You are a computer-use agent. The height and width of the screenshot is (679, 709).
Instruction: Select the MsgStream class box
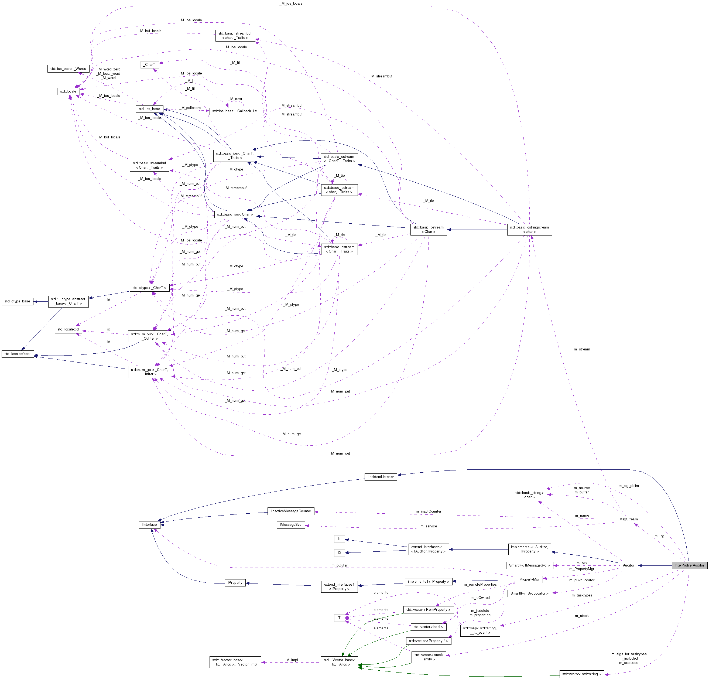pyautogui.click(x=628, y=519)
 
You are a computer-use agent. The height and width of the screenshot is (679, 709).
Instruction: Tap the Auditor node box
pyautogui.click(x=628, y=565)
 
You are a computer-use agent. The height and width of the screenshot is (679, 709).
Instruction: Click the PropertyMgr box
pyautogui.click(x=529, y=579)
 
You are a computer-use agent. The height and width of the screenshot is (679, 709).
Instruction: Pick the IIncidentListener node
pyautogui.click(x=381, y=477)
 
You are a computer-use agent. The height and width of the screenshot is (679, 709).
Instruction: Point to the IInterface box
pyautogui.click(x=149, y=524)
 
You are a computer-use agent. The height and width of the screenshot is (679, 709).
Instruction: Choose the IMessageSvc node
pyautogui.click(x=291, y=524)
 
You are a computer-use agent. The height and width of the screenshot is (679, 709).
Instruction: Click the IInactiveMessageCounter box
pyautogui.click(x=290, y=511)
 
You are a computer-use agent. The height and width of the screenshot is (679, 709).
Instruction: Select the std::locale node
pyautogui.click(x=68, y=91)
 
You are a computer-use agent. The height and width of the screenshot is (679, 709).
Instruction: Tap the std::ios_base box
pyautogui.click(x=149, y=109)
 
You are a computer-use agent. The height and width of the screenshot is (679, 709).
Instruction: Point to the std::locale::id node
pyautogui.click(x=68, y=329)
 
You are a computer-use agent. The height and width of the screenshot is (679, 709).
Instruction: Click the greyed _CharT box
pyautogui.click(x=149, y=65)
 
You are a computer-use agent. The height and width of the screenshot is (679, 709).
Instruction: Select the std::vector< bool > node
pyautogui.click(x=428, y=627)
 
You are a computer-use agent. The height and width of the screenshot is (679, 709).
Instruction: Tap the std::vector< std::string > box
pyautogui.click(x=582, y=674)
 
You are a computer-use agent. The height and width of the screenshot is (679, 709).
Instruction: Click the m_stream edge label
pyautogui.click(x=582, y=349)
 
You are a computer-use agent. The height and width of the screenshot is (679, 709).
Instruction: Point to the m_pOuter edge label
pyautogui.click(x=339, y=565)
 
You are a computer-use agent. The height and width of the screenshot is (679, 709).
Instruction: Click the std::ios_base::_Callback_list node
pyautogui.click(x=235, y=111)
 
